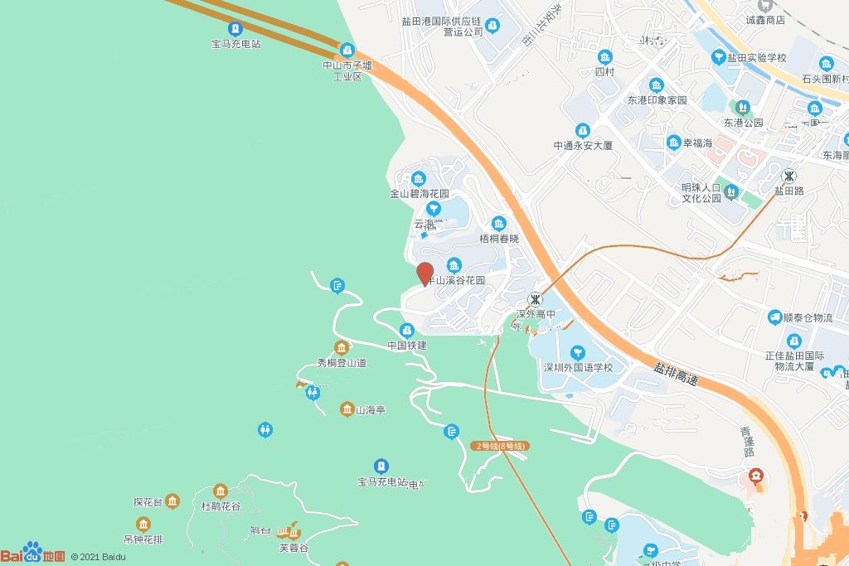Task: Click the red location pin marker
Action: pos(424,273)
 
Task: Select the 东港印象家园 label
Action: pos(657,100)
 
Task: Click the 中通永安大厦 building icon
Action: pos(583,131)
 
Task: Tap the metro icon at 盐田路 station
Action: pos(790,176)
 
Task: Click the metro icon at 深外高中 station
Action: pos(536,298)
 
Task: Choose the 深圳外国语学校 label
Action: pos(578,367)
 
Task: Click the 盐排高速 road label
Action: pos(675,373)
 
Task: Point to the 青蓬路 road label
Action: pos(749,442)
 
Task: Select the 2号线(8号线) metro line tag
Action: pos(500,446)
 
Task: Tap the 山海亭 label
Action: pos(370,409)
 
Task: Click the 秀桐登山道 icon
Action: pos(341,347)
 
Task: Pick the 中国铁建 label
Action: pos(407,345)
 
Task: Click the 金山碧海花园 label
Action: pos(419,194)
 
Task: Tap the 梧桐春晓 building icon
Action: pos(499,224)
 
